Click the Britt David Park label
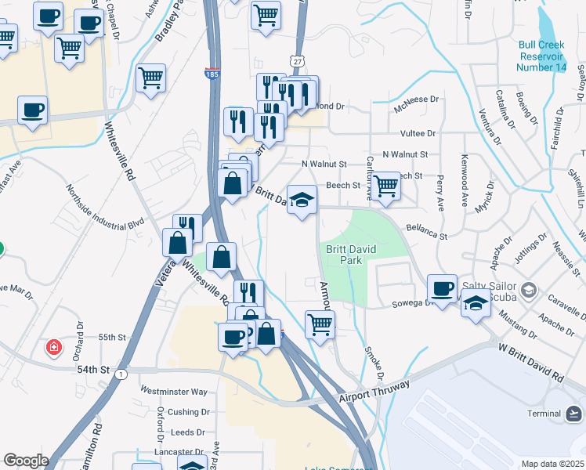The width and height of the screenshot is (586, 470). [x=345, y=255]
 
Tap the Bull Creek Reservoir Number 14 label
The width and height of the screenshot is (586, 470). [x=541, y=56]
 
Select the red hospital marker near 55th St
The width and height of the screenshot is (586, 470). [x=53, y=346]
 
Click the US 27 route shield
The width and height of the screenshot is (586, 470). [x=295, y=60]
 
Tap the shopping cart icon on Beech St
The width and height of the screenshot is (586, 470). [x=385, y=186]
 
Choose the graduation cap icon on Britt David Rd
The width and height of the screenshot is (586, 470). [x=302, y=200]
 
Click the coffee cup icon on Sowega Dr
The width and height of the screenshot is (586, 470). [x=442, y=288]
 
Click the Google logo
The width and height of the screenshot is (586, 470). [x=26, y=461]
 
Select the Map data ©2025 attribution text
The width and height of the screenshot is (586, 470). [x=552, y=464]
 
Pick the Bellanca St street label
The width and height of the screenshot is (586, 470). [x=425, y=232]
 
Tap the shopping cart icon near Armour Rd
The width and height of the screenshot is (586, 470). [x=320, y=324]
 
